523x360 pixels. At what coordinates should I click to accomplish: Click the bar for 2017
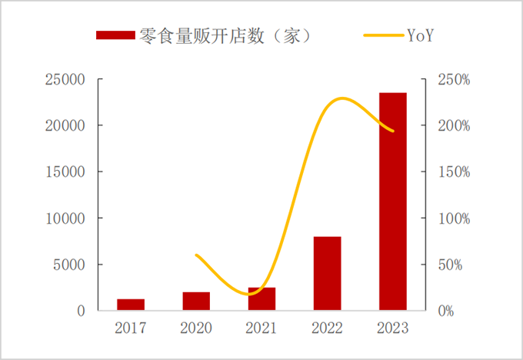tap(131, 305)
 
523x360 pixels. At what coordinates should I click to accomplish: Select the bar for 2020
tap(196, 302)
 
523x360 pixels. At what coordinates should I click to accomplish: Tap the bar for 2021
tap(261, 299)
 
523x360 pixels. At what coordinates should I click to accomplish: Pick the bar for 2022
tap(327, 274)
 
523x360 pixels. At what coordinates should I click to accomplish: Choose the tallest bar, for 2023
tap(392, 202)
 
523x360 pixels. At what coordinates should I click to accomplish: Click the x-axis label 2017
tap(131, 328)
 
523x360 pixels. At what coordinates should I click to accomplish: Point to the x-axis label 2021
tap(261, 328)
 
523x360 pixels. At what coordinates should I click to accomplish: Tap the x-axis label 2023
tap(392, 328)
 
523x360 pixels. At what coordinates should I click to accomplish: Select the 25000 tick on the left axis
tap(65, 79)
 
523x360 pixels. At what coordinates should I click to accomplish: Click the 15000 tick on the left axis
tap(65, 172)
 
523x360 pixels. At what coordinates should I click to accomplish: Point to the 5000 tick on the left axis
tap(69, 265)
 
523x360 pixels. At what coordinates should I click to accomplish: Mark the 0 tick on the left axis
tap(79, 311)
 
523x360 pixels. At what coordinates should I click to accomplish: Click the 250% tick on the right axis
tap(454, 79)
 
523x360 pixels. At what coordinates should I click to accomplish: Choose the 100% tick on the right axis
tap(454, 218)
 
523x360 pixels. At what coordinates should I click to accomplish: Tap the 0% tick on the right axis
tap(449, 311)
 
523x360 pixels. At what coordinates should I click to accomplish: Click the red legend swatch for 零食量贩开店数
tap(115, 35)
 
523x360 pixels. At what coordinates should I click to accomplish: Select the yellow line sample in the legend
tap(382, 35)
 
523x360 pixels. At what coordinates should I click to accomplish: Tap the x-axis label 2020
tap(196, 328)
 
